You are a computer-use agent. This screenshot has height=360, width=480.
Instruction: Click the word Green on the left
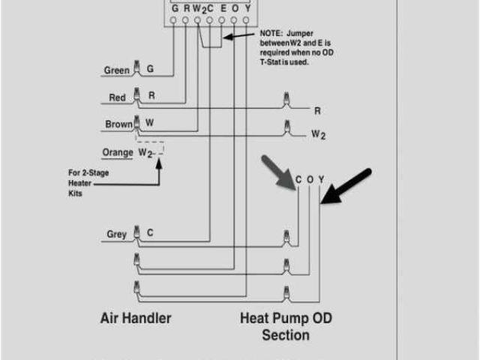click(116, 70)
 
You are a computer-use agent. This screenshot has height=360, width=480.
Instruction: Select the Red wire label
click(117, 97)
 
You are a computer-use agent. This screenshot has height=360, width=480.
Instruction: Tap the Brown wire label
click(118, 124)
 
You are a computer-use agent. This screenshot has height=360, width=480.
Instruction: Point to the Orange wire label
click(117, 152)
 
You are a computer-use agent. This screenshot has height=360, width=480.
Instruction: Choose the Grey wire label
click(116, 234)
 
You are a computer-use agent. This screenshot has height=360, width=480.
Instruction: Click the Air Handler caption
click(136, 318)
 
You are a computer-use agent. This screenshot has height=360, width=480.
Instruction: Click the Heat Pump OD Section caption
click(286, 326)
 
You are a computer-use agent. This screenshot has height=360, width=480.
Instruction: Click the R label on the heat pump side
click(317, 110)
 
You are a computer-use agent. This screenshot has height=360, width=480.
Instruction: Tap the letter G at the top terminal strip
click(173, 8)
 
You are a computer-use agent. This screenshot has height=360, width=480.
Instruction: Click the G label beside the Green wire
click(150, 69)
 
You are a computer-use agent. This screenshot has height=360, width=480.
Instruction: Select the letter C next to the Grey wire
click(150, 233)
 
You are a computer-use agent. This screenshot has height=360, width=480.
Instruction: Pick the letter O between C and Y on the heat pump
click(310, 179)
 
